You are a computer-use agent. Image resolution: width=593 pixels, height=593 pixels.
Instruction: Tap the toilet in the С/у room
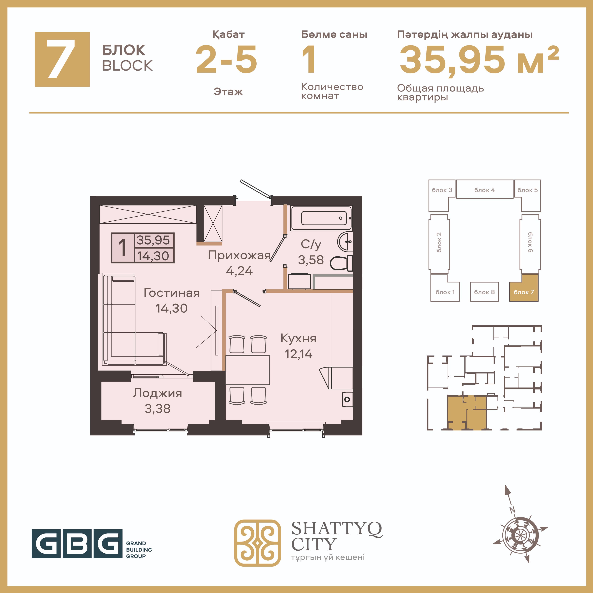[341, 263]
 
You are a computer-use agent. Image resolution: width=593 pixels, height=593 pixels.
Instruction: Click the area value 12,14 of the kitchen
[298, 354]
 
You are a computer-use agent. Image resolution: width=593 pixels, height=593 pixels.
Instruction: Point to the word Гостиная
[172, 293]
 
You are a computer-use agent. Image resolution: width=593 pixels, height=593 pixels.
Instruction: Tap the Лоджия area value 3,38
[157, 408]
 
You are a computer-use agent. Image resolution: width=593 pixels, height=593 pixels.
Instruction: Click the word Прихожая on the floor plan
[239, 255]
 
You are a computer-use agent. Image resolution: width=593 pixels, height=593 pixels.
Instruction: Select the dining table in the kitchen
[248, 370]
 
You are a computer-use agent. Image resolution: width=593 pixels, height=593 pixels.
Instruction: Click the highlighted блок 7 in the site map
[524, 288]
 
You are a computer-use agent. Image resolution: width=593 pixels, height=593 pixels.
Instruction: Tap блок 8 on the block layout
[484, 292]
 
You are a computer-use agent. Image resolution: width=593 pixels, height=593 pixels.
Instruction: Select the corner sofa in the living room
[134, 319]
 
